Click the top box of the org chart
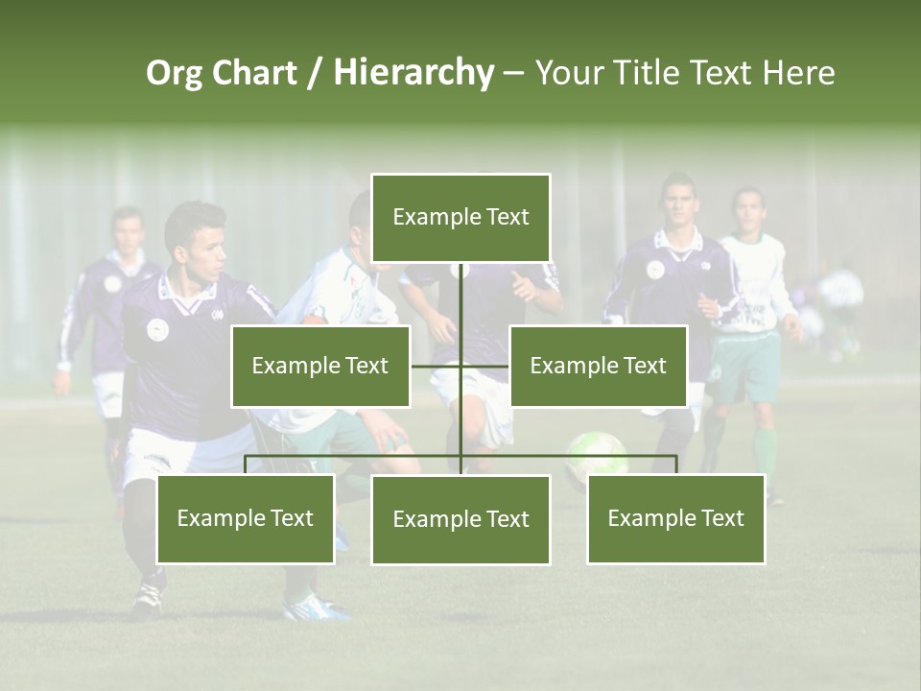click(x=460, y=217)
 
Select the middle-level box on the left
click(x=320, y=366)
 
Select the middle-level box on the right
click(x=598, y=366)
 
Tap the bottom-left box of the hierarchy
click(x=246, y=518)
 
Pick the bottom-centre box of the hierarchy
click(x=460, y=519)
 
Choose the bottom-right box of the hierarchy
click(x=675, y=518)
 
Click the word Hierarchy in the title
click(x=413, y=73)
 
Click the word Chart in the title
click(x=253, y=73)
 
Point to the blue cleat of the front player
click(x=318, y=607)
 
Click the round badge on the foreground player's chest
click(x=157, y=329)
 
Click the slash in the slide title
click(x=315, y=73)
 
